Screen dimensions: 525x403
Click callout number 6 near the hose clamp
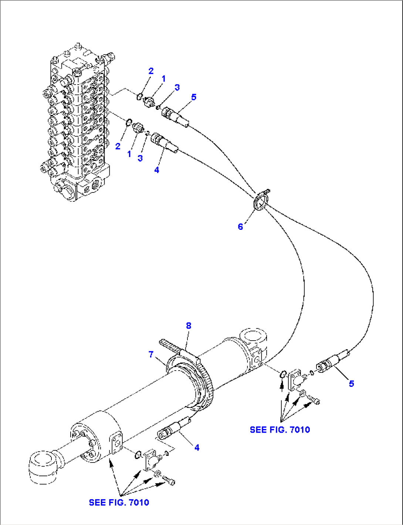click(x=240, y=226)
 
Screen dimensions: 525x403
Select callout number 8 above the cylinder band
click(x=189, y=325)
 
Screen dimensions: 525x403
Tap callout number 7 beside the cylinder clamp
click(x=151, y=355)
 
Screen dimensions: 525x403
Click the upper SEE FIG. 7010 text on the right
click(x=280, y=430)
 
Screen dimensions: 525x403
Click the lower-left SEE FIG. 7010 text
click(x=119, y=502)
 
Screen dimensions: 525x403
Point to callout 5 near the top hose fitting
click(x=193, y=97)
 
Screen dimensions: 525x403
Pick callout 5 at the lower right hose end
click(x=351, y=383)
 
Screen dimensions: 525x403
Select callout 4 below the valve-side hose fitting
click(x=157, y=170)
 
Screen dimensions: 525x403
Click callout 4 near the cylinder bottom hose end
click(x=197, y=447)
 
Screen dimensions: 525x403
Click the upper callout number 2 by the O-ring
click(x=151, y=71)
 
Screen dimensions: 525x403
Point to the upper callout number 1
click(x=163, y=78)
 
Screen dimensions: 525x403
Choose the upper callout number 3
click(x=177, y=87)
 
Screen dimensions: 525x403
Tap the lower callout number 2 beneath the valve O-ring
click(x=118, y=146)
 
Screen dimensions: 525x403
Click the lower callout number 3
click(x=140, y=158)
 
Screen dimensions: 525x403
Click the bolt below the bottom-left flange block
click(x=170, y=481)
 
